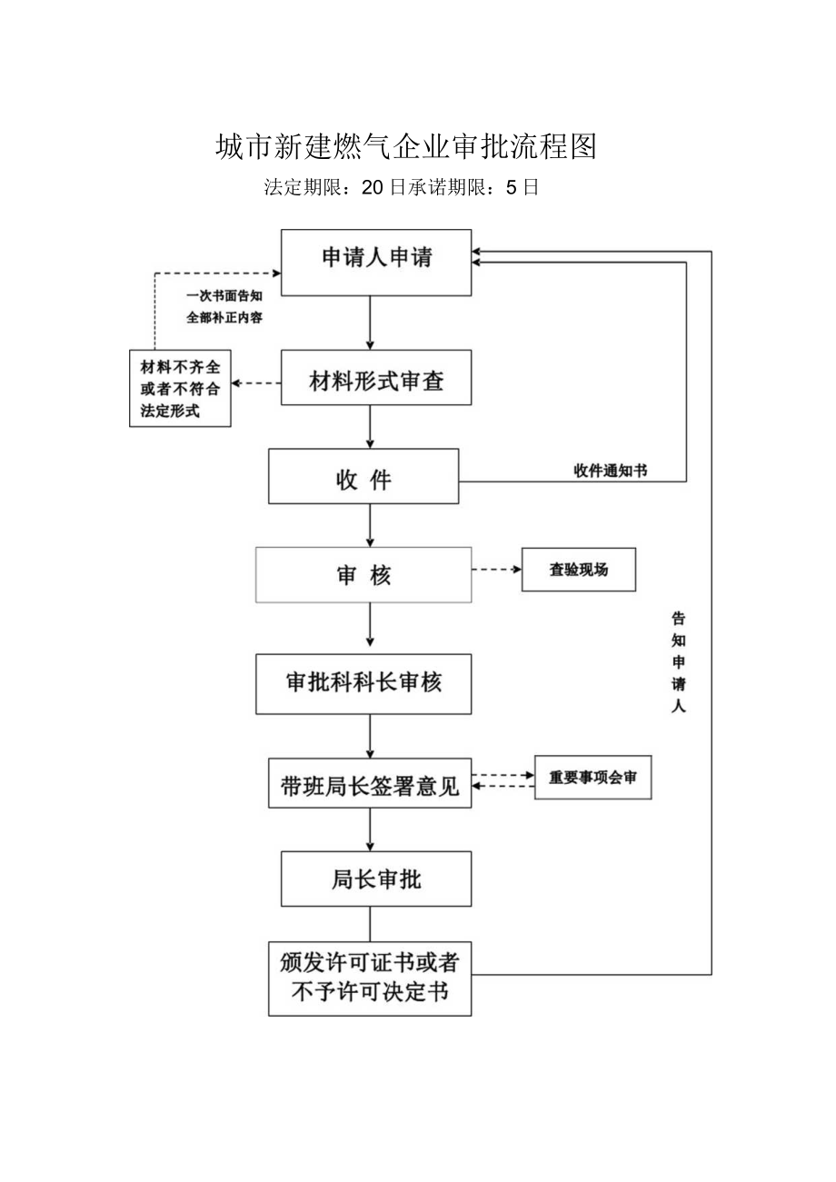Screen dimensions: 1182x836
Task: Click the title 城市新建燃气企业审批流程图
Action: tap(405, 146)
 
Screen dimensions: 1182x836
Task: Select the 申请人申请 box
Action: tap(376, 263)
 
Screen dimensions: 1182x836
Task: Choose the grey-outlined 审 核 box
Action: tap(363, 574)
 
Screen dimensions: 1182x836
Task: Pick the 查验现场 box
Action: tap(578, 570)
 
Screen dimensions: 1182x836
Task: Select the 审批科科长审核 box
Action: tap(363, 683)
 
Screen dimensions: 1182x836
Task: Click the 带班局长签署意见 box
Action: tap(370, 782)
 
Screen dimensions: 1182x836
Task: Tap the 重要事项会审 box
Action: tap(592, 778)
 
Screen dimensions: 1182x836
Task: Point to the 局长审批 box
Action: tap(376, 879)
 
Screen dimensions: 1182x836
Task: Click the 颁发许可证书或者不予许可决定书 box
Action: tap(370, 978)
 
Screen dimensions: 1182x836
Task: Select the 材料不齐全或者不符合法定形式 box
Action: tap(180, 389)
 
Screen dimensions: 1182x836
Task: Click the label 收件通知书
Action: tap(611, 471)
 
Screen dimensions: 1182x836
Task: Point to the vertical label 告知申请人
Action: tap(678, 662)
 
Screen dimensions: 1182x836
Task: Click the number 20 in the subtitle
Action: tap(373, 188)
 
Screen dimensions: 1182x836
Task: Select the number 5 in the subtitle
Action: tap(511, 188)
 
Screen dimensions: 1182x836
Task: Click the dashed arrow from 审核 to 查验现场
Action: tap(496, 570)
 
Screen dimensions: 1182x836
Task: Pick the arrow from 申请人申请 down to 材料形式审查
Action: tap(370, 323)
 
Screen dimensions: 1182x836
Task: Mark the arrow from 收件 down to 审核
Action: tap(370, 524)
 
